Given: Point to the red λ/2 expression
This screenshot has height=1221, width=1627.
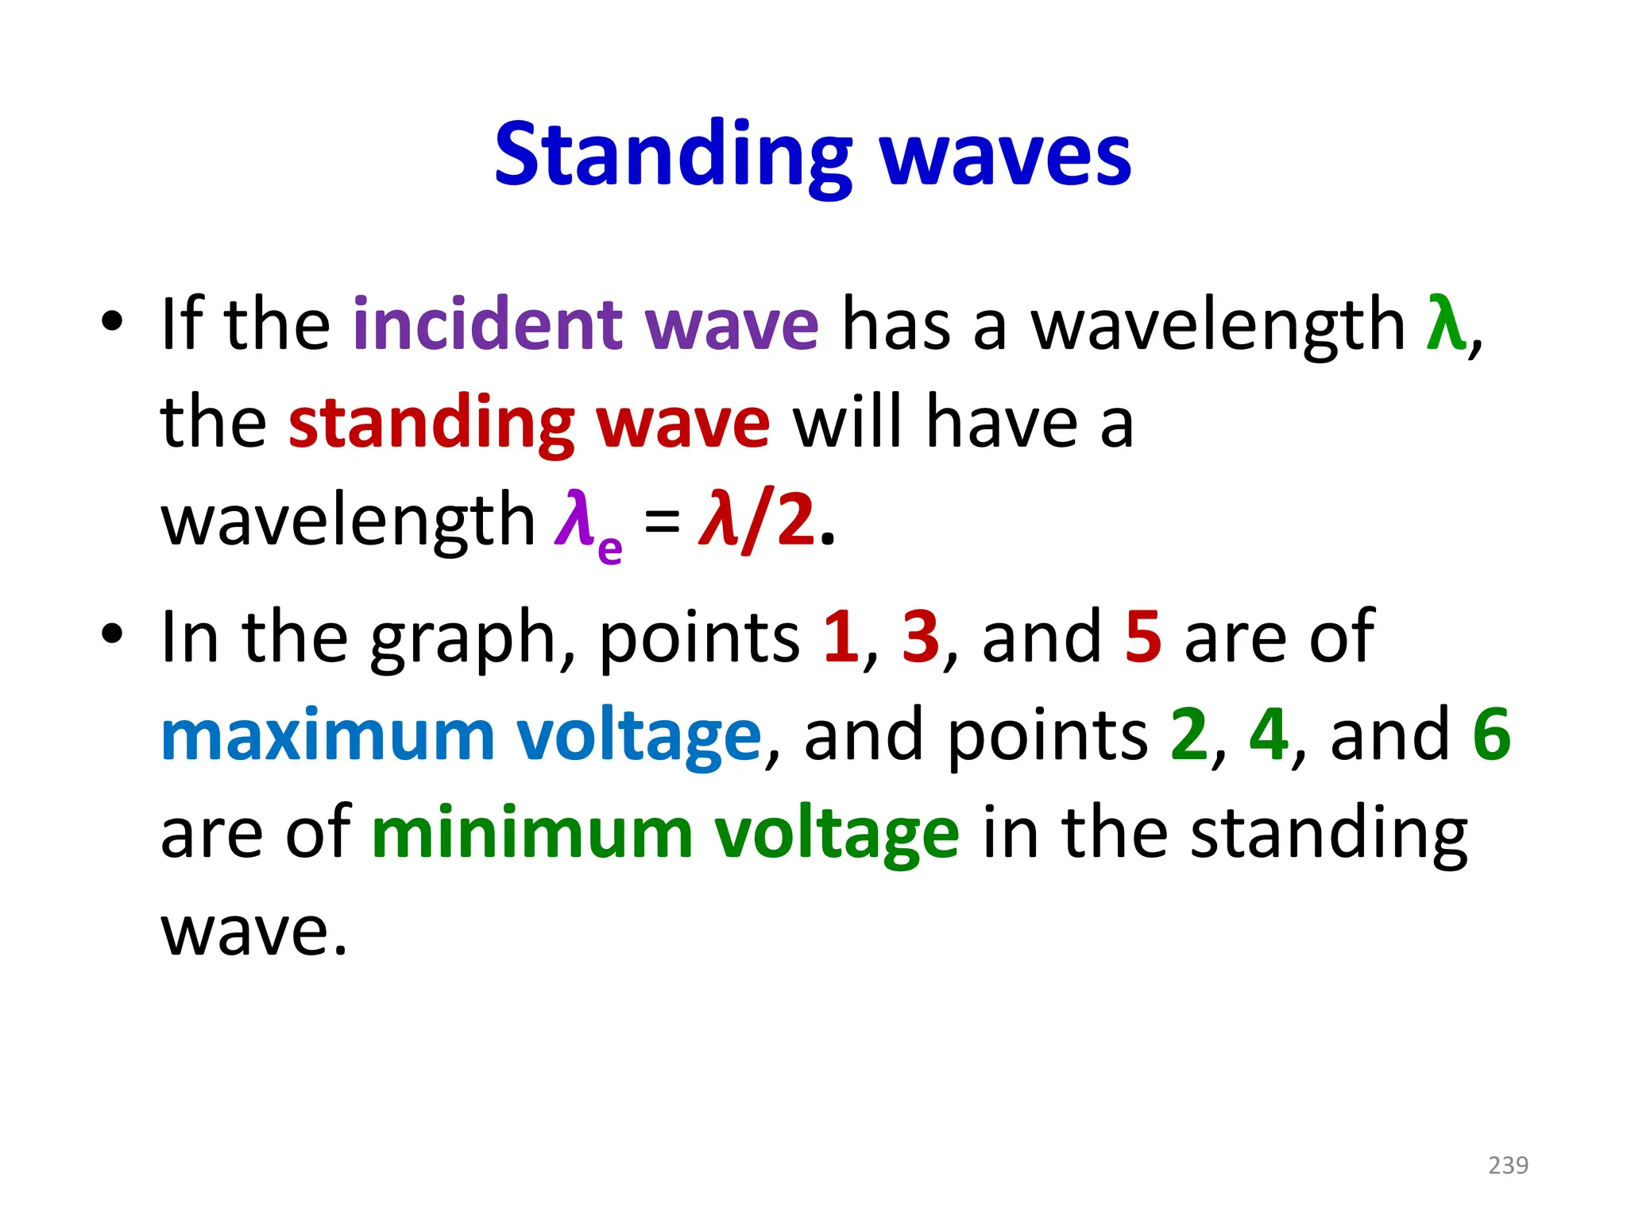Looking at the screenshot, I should click(x=756, y=521).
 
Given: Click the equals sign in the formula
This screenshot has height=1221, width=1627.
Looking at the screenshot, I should click(x=662, y=523).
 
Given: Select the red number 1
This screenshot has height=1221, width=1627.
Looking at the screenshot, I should click(x=841, y=637).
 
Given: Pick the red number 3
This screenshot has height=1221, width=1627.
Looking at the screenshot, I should click(x=921, y=637).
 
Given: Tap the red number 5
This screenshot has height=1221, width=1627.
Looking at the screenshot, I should click(x=1143, y=637).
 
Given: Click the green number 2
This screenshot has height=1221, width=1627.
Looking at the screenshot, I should click(x=1188, y=735).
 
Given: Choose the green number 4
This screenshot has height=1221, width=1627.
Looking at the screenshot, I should click(x=1268, y=735).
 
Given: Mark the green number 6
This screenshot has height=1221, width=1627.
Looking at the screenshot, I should click(x=1491, y=735).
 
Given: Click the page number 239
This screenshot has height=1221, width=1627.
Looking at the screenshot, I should click(x=1508, y=1165).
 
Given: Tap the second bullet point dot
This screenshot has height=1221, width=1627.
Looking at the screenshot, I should click(x=112, y=634).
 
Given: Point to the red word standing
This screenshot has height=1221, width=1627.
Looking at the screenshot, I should click(x=431, y=424).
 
